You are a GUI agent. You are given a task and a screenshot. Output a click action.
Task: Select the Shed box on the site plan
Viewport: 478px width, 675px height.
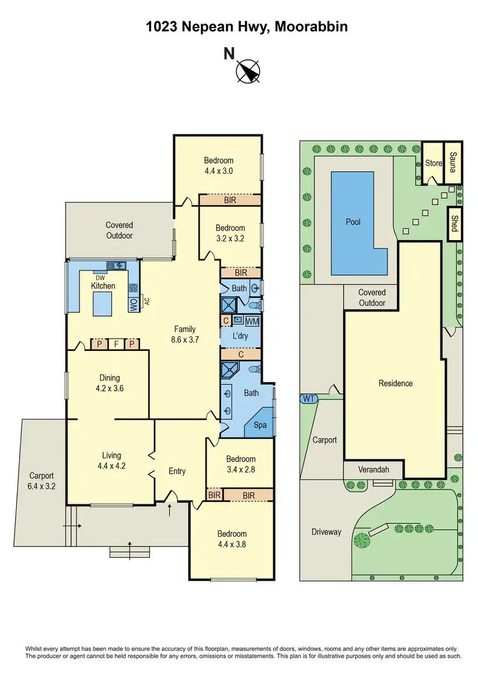(x=454, y=225)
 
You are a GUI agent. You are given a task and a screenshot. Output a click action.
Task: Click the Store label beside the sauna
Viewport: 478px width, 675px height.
(x=433, y=164)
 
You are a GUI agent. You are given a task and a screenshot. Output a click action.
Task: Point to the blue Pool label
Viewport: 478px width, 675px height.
(x=352, y=222)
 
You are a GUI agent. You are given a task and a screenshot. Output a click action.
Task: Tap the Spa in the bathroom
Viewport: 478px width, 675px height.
(x=261, y=424)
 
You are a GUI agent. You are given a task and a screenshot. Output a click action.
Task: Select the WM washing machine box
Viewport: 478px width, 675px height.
(x=252, y=320)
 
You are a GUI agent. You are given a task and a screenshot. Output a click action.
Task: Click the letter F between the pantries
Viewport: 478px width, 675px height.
(x=116, y=345)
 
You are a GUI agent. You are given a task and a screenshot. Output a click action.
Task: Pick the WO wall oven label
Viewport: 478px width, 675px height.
(x=133, y=305)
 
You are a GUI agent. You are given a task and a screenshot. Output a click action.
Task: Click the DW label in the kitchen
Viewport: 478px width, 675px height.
(x=100, y=278)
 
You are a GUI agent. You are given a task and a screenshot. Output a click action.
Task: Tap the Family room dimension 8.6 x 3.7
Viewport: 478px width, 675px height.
(x=185, y=339)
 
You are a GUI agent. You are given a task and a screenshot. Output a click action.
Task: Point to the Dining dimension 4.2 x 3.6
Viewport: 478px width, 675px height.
(x=108, y=388)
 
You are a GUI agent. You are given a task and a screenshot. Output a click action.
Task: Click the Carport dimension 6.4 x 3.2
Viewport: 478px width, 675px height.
(x=41, y=486)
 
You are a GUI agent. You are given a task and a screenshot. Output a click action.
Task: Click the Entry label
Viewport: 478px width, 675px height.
(x=177, y=471)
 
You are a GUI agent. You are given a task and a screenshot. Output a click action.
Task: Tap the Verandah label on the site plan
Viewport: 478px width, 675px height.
(x=373, y=470)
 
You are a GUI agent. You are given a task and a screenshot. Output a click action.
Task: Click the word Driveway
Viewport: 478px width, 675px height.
(x=326, y=532)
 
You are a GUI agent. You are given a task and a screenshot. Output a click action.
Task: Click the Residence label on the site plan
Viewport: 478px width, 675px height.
(x=395, y=383)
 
